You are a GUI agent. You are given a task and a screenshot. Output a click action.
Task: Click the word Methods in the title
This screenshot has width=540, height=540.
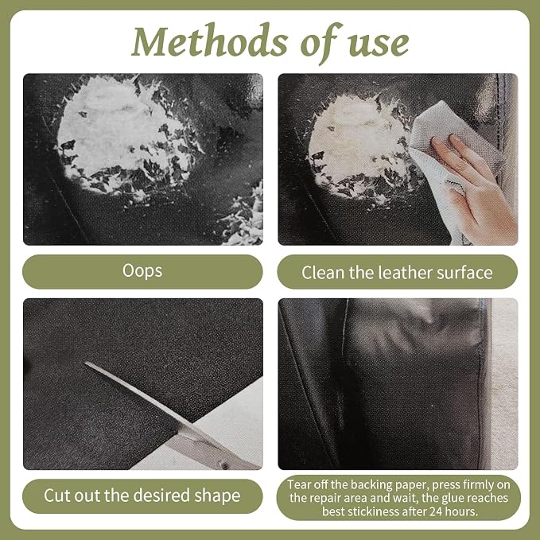click(x=209, y=41)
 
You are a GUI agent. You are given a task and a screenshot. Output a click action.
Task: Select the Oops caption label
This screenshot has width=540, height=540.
click(x=142, y=271)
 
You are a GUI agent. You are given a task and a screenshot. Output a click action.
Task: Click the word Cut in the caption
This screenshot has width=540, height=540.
click(x=56, y=495)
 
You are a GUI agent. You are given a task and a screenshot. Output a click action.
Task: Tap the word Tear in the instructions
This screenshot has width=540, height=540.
click(x=297, y=484)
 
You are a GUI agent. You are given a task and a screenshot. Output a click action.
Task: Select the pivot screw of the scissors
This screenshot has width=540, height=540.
click(x=225, y=466)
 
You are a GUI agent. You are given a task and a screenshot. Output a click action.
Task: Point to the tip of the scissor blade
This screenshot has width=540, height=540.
click(x=86, y=363)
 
